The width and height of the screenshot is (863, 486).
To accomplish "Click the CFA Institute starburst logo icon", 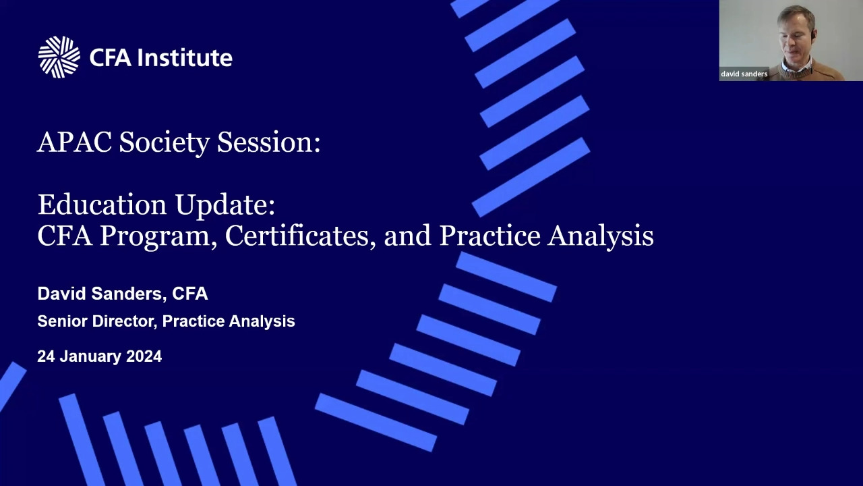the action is point(59,57).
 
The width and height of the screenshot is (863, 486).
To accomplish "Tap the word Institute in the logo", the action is point(185,57).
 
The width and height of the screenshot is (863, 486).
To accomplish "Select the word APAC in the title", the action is point(75,142).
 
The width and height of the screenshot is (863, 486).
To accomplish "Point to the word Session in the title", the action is point(266,142).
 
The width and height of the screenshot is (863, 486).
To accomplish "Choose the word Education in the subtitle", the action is point(102,204).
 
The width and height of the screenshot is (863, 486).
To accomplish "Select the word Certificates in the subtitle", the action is point(297,236).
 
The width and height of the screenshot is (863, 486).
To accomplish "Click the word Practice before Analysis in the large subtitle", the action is point(489,236).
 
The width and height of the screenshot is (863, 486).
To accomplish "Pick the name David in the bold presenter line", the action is point(61,294).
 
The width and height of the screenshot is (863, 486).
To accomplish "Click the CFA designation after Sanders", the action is point(190,294).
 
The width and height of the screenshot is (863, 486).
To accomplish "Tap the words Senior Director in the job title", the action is point(95,321).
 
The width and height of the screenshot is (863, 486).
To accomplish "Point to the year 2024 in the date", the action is point(144,356).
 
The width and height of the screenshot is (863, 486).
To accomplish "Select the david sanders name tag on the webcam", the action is point(744,74).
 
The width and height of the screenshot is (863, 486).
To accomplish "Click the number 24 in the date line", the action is point(46,356).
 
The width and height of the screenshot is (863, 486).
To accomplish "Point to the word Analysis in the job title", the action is point(262,321).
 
